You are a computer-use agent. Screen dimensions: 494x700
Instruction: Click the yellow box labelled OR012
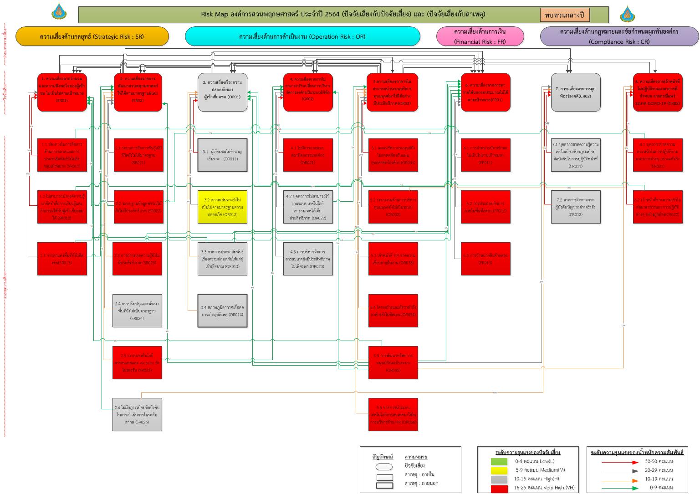(222, 207)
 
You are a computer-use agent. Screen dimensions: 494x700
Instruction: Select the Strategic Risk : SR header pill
(92, 36)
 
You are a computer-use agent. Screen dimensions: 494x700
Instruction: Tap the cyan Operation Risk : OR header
(302, 36)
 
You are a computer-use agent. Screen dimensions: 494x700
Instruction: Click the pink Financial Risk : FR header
(480, 36)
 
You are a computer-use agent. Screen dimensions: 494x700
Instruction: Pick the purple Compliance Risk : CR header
(619, 36)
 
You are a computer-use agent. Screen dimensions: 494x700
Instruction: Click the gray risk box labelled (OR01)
(223, 92)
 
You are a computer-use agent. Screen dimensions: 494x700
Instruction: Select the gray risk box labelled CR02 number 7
(576, 92)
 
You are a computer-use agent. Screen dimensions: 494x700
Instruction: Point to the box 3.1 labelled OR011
(222, 155)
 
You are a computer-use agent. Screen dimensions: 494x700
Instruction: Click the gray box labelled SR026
(138, 414)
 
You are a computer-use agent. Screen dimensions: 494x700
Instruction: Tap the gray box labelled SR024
(138, 311)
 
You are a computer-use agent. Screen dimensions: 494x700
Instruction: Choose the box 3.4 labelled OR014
(222, 311)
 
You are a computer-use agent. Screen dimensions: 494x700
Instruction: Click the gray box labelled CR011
(576, 155)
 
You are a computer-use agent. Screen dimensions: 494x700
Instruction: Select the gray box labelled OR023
(308, 259)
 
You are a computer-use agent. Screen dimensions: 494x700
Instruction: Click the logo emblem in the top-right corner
(627, 14)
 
